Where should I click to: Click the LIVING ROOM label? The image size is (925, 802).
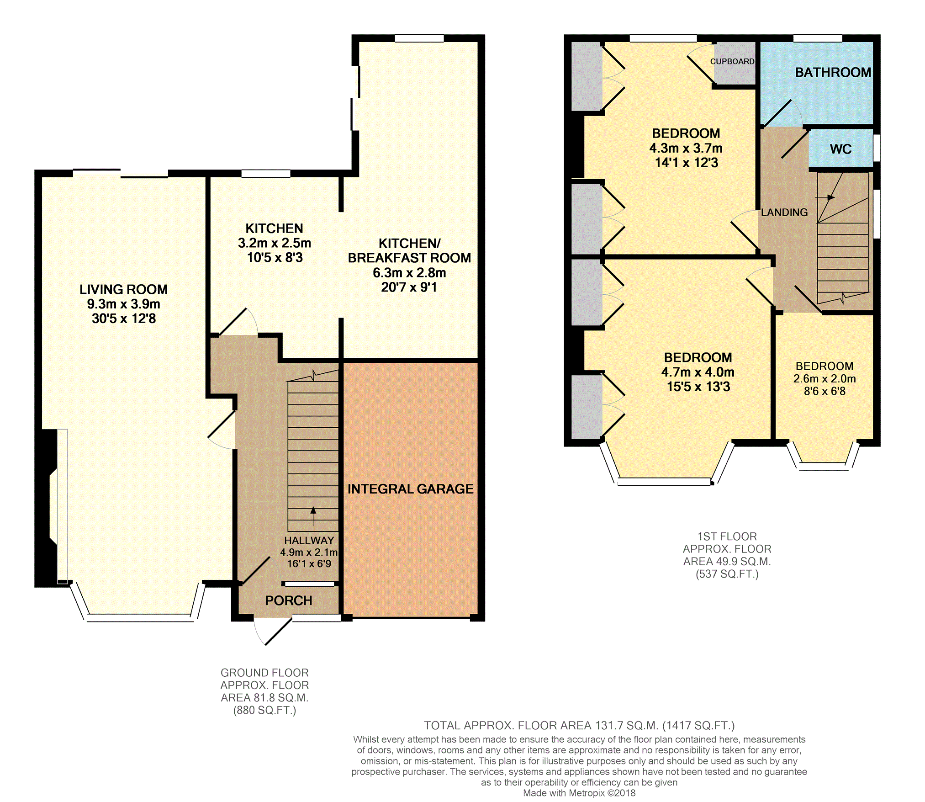point(123,289)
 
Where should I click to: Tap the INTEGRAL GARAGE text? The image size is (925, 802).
point(410,489)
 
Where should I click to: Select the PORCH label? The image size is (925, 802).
point(289,600)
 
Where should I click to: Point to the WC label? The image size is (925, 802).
point(840,149)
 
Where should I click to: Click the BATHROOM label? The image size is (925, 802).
point(833,72)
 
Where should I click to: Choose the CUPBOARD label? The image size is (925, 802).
point(732,61)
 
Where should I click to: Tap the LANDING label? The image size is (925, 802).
point(784,212)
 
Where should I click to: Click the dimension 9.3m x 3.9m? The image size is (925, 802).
point(123,304)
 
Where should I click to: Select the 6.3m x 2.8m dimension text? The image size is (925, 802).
point(409,273)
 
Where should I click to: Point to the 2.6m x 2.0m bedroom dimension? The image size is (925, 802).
point(825,379)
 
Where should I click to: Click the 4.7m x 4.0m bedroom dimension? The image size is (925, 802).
point(698,372)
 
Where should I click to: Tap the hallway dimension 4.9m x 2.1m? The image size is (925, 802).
point(309,552)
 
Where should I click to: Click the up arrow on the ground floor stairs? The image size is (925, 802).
point(313,516)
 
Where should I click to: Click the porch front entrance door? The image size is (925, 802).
point(278,632)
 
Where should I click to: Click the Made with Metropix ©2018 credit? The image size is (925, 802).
point(579,793)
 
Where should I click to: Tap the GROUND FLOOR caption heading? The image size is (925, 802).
point(264,673)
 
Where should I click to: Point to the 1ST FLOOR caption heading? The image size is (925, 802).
point(727,536)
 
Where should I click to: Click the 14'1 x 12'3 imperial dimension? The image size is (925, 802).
point(686,163)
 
